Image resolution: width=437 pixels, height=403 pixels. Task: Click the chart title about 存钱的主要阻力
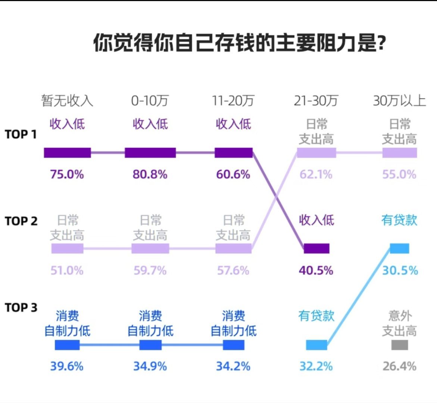(239, 43)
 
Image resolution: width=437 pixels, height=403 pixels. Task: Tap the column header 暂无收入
(67, 101)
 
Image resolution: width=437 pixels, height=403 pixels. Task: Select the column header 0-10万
(150, 101)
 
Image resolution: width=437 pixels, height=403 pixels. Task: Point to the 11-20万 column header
(233, 101)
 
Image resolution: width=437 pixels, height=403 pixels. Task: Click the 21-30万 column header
(316, 101)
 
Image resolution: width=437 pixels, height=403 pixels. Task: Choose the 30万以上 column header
(399, 101)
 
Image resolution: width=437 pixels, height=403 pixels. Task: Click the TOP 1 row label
(21, 134)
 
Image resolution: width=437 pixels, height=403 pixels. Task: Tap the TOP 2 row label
(21, 221)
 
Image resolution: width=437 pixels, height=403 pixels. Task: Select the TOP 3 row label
(21, 307)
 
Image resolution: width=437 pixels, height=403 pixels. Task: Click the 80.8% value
(150, 174)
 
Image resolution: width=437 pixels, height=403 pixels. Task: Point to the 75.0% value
(67, 174)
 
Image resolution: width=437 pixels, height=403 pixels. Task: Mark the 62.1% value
(316, 174)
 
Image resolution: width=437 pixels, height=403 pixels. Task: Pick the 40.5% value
(316, 270)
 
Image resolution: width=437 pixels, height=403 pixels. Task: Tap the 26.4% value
(399, 366)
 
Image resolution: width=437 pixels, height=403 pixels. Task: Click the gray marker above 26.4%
(399, 345)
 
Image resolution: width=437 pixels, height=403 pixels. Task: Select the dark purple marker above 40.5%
(316, 249)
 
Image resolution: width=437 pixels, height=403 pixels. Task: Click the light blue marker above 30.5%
(399, 249)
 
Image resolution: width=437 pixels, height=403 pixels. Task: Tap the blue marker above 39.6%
(67, 345)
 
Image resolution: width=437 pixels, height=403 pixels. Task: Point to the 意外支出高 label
(399, 323)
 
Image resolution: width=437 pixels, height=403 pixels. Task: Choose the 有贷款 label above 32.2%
(316, 316)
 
